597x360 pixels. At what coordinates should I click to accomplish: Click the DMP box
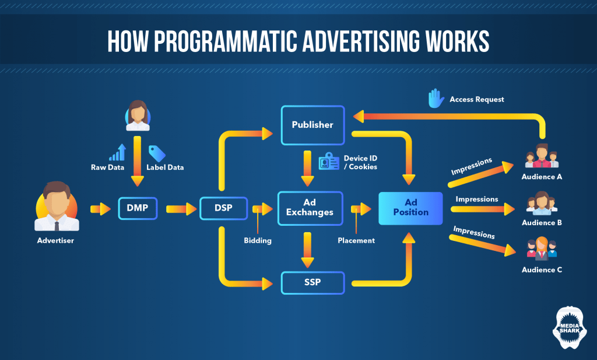(x=138, y=208)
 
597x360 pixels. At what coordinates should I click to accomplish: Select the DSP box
(x=223, y=208)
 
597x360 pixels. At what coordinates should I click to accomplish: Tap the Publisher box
(x=312, y=125)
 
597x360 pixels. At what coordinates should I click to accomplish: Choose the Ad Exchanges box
(x=310, y=208)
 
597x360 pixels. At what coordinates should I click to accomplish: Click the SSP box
(x=312, y=283)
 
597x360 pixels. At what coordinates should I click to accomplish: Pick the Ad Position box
(x=410, y=208)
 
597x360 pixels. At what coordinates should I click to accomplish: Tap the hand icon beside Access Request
(x=436, y=99)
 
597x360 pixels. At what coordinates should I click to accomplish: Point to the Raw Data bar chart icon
(x=118, y=153)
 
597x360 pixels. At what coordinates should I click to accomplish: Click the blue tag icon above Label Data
(x=157, y=153)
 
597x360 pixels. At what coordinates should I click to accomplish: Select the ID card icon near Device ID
(x=328, y=162)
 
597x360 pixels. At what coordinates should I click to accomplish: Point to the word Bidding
(x=258, y=240)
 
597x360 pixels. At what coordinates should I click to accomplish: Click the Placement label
(x=356, y=240)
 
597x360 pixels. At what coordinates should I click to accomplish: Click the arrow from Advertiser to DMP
(x=100, y=208)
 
